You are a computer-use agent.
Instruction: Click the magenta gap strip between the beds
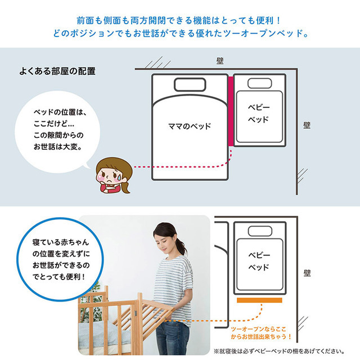click(231, 111)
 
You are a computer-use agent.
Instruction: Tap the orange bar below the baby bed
click(259, 300)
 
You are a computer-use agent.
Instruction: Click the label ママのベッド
click(190, 126)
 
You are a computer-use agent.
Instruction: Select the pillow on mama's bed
click(190, 85)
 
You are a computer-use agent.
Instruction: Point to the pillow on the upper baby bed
click(260, 83)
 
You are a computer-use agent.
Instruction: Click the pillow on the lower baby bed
click(260, 231)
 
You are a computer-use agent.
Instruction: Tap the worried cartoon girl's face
click(110, 176)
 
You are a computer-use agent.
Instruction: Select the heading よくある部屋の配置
click(57, 71)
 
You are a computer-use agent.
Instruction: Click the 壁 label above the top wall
click(220, 61)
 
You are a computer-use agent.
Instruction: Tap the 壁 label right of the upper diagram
click(307, 125)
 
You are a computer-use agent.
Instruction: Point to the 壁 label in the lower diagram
click(307, 273)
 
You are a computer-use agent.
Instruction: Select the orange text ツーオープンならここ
click(259, 329)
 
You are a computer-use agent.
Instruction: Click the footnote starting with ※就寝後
click(279, 351)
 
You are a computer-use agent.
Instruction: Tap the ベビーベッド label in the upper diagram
click(259, 114)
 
